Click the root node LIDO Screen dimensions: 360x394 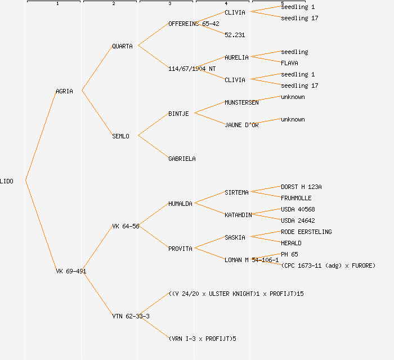[7, 181]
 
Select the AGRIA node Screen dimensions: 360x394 [64, 91]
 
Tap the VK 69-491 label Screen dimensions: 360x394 [71, 271]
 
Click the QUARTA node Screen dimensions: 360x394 [122, 46]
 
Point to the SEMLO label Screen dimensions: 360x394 [120, 136]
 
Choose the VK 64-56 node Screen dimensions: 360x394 [126, 226]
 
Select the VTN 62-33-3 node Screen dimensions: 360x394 [131, 316]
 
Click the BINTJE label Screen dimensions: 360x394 [178, 114]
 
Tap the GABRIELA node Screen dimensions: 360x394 [182, 159]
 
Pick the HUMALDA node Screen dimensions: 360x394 [180, 204]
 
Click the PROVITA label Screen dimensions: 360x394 [180, 249]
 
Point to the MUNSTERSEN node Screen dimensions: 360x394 [241, 102]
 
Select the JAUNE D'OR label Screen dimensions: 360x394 [241, 125]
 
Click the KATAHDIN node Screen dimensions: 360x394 [238, 215]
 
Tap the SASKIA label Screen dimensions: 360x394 [235, 237]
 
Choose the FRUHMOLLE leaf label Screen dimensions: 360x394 [296, 198]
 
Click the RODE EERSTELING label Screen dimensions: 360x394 [306, 232]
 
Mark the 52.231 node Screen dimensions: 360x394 [235, 35]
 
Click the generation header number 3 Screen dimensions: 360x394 [169, 4]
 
